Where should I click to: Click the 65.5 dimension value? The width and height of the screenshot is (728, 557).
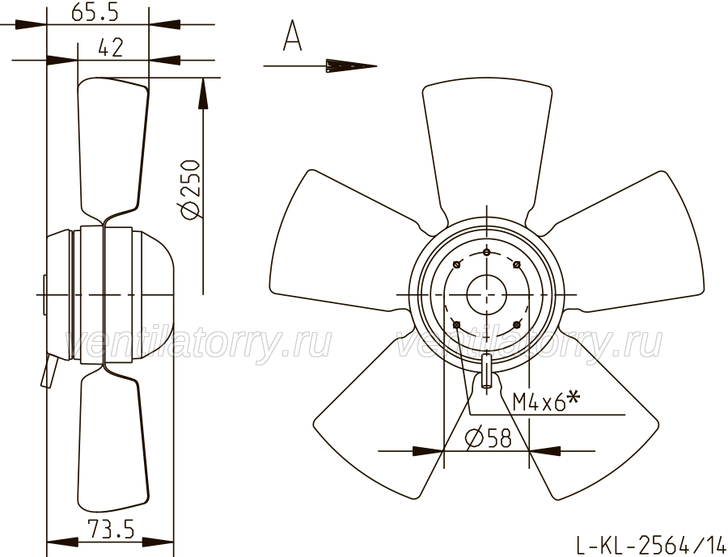coord(95,12)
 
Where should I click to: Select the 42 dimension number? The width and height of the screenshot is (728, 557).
coord(111,48)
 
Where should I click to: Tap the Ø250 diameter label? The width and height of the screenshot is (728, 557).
coord(190,189)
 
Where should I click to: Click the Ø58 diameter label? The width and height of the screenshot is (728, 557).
coord(488,437)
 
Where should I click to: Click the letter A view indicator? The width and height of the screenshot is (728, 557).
coord(293,36)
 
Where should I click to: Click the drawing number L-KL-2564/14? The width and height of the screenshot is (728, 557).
coord(650,544)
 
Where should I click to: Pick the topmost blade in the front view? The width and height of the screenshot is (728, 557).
coord(487,149)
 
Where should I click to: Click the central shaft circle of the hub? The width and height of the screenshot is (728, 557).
coord(486,295)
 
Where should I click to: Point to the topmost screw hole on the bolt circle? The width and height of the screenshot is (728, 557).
coord(486,252)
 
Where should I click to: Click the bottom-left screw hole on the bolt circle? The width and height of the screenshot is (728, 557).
coord(456,324)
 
